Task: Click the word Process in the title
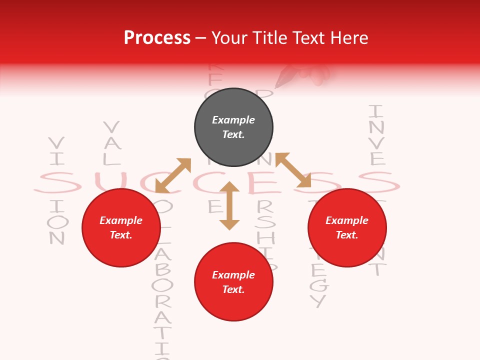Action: pyautogui.click(x=157, y=38)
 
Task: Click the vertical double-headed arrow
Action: pyautogui.click(x=229, y=205)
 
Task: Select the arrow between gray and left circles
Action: pyautogui.click(x=173, y=175)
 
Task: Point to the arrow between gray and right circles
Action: pyautogui.click(x=293, y=170)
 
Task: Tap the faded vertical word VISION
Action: pyautogui.click(x=57, y=190)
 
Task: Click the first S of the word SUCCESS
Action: pyautogui.click(x=57, y=183)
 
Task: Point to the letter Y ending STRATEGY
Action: pyautogui.click(x=318, y=301)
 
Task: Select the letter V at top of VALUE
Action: pyautogui.click(x=111, y=127)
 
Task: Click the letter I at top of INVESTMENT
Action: pyautogui.click(x=376, y=110)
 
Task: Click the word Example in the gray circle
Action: pyautogui.click(x=233, y=120)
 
